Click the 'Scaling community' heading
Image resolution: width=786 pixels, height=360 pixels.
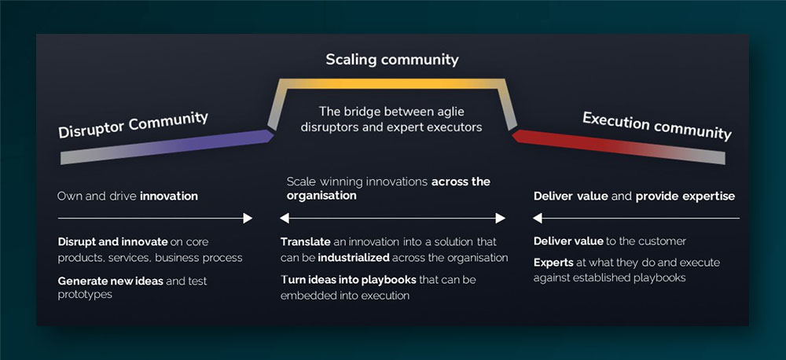392,60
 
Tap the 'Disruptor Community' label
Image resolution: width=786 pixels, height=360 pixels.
133,124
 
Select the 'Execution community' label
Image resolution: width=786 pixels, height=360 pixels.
656,126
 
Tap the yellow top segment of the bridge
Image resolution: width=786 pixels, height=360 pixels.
392,81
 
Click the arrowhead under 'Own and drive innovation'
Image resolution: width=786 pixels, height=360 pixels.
248,218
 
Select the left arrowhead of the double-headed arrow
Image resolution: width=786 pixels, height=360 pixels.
285,218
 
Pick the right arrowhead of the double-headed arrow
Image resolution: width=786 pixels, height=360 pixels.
500,218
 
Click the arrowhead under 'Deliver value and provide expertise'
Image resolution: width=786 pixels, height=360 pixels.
538,218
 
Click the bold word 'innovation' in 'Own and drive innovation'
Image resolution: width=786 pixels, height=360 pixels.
169,196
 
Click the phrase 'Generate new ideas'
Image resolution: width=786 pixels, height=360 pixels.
109,281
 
